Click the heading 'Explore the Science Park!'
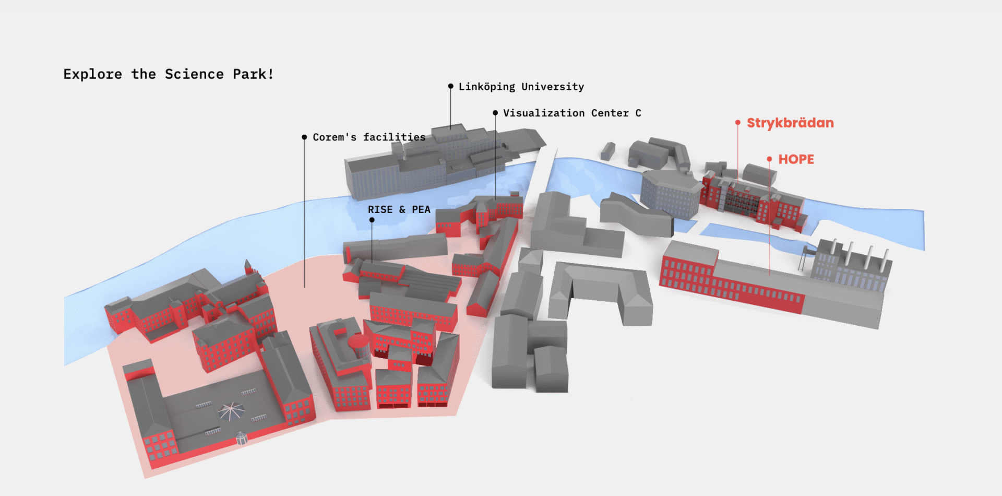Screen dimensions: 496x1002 pyautogui.click(x=168, y=74)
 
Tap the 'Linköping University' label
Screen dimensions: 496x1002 pyautogui.click(x=521, y=87)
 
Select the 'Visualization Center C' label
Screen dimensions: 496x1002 pyautogui.click(x=571, y=113)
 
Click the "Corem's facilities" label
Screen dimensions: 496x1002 pyautogui.click(x=369, y=137)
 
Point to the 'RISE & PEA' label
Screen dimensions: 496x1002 pyautogui.click(x=399, y=209)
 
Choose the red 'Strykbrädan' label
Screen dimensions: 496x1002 pyautogui.click(x=790, y=123)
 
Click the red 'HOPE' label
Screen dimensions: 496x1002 pyautogui.click(x=796, y=159)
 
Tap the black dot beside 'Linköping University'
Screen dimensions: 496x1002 pyautogui.click(x=450, y=86)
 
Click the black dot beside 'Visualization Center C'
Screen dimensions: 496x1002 pyautogui.click(x=495, y=113)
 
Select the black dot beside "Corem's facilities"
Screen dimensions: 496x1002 pyautogui.click(x=304, y=137)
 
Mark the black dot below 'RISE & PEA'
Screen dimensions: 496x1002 pyautogui.click(x=372, y=220)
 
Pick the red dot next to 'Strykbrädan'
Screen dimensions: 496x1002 pyautogui.click(x=738, y=123)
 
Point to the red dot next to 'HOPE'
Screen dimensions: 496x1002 pyautogui.click(x=769, y=159)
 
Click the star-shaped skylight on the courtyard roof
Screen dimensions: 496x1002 pyautogui.click(x=231, y=412)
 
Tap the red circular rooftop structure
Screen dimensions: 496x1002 pyautogui.click(x=358, y=341)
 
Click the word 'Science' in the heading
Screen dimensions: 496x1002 pyautogui.click(x=194, y=74)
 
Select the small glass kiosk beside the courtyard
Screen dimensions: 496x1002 pyautogui.click(x=241, y=438)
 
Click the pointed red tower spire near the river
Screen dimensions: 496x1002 pyautogui.click(x=247, y=265)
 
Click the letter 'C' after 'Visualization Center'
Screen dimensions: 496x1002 pyautogui.click(x=638, y=113)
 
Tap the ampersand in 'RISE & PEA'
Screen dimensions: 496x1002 pyautogui.click(x=402, y=209)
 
